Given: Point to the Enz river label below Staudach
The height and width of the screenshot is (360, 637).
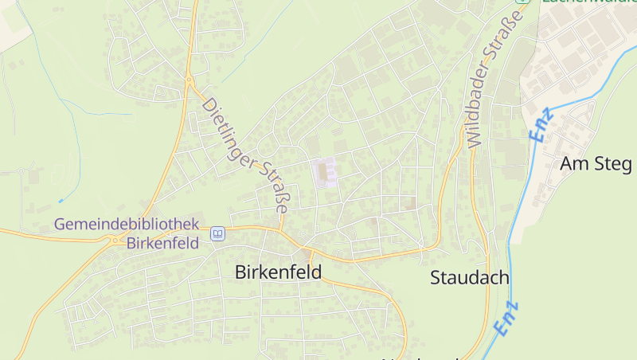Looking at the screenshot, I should tap(506, 317).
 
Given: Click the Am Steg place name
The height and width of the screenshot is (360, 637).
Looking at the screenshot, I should tap(596, 164).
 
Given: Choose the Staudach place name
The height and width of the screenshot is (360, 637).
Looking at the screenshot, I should tap(470, 278).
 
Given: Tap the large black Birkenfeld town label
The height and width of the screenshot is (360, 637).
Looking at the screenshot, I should tap(278, 272).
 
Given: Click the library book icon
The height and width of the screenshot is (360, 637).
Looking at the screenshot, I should tap(217, 234).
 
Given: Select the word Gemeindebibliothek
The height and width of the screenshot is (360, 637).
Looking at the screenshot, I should tap(127, 225).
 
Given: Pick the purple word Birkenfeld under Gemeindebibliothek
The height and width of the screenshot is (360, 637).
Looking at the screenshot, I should tap(162, 243).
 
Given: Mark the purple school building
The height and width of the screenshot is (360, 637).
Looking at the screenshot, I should tap(323, 171).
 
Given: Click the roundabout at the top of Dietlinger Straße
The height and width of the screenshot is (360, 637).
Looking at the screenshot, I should tap(190, 80).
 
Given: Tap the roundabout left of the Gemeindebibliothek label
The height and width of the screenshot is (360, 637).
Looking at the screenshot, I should tap(117, 240).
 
